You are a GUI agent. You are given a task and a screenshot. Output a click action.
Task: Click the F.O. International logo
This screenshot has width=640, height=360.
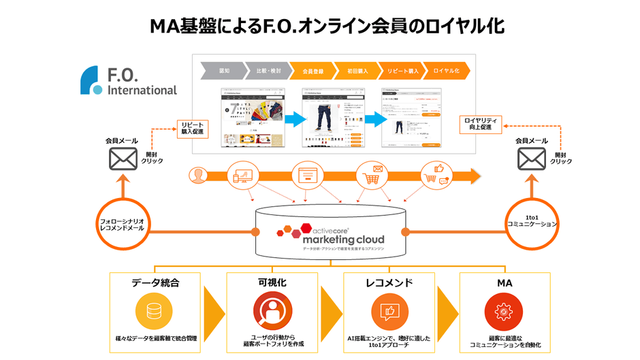click(127, 81)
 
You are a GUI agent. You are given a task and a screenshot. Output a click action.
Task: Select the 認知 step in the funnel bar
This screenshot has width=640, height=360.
click(225, 70)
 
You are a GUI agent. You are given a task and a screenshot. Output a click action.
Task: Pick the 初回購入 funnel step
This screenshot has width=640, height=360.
click(357, 70)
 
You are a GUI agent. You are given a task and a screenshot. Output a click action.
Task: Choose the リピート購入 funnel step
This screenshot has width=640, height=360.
click(402, 70)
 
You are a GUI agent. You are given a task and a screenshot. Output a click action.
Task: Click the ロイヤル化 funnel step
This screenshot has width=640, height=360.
click(447, 70)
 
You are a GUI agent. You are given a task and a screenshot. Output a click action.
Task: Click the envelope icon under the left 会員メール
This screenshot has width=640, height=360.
click(123, 159)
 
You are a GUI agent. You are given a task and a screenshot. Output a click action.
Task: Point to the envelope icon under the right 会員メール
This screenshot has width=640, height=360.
click(531, 159)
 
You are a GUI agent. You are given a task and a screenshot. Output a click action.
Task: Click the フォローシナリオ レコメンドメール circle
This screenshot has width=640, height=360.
click(123, 224)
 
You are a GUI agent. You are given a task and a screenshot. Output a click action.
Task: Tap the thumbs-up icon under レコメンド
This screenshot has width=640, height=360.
click(389, 311)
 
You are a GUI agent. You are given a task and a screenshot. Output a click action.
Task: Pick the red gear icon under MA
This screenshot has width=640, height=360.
click(503, 311)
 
